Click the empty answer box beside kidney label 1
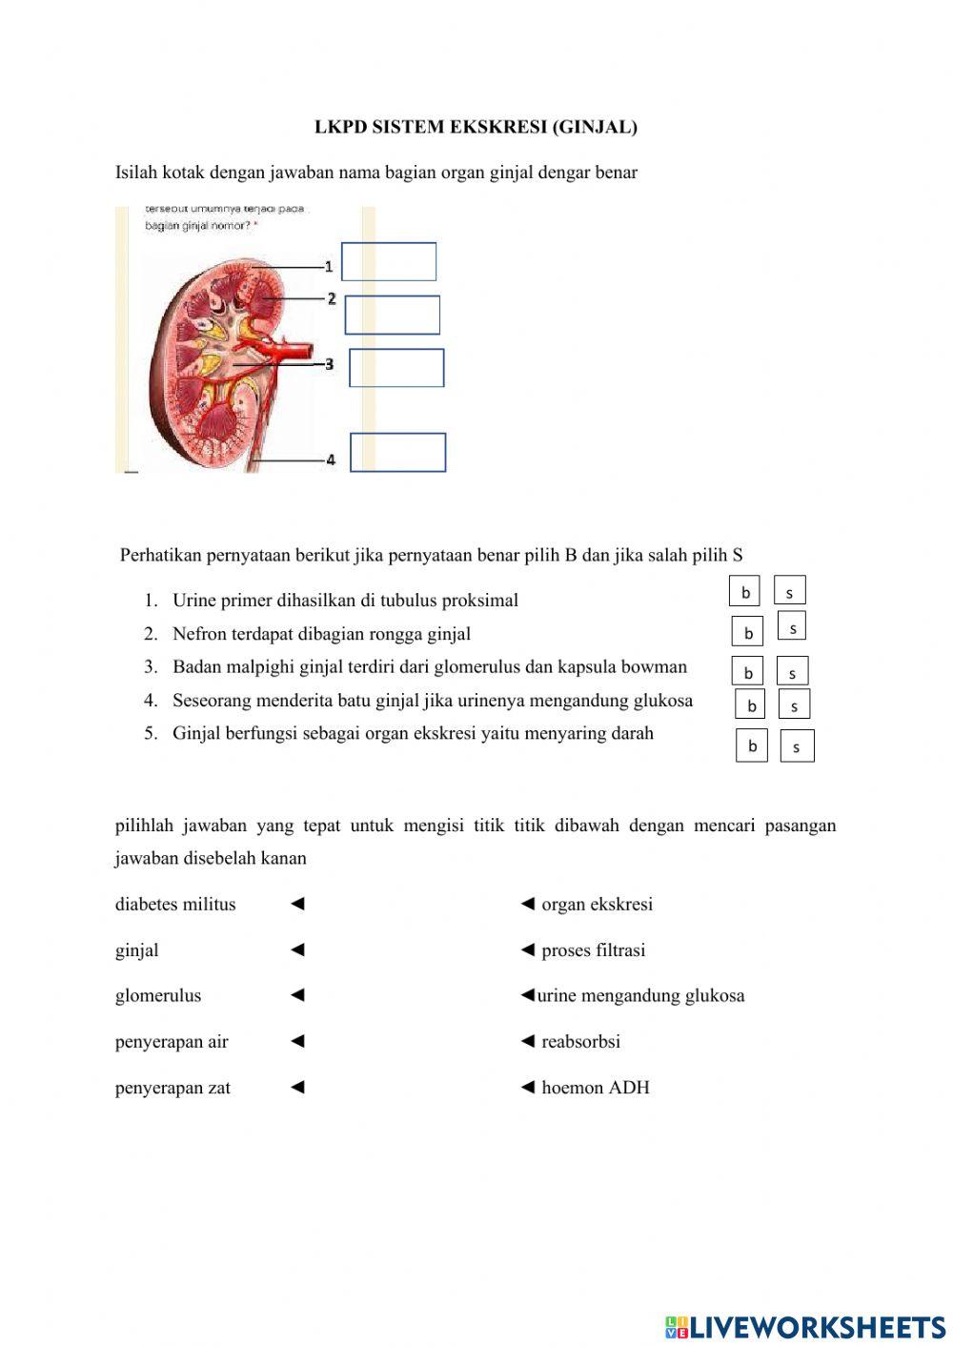(x=389, y=261)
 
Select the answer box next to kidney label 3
(x=396, y=368)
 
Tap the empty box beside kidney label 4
(x=397, y=453)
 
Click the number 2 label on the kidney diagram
(x=332, y=299)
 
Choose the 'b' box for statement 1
(x=745, y=592)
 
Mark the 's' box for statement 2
(x=792, y=626)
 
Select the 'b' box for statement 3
(x=748, y=672)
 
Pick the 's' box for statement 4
(x=794, y=705)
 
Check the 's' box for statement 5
(x=797, y=746)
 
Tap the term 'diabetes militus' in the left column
(x=175, y=905)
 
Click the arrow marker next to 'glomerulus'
(x=297, y=995)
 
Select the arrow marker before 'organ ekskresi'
(x=527, y=904)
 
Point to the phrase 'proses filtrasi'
(x=593, y=950)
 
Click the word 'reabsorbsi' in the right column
(x=580, y=1042)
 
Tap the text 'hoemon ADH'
(x=595, y=1088)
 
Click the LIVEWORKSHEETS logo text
(x=817, y=1326)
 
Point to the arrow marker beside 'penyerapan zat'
(x=297, y=1087)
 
